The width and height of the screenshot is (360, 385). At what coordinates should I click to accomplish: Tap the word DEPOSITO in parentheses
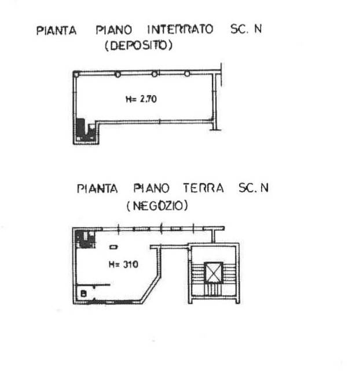tap(138, 47)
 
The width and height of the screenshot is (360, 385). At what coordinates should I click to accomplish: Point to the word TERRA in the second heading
tap(204, 188)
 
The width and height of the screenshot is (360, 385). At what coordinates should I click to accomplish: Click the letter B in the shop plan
tap(85, 294)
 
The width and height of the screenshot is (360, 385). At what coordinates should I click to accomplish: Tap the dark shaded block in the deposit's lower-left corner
tap(82, 130)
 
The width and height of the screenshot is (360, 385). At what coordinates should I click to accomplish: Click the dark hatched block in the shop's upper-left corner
tap(85, 239)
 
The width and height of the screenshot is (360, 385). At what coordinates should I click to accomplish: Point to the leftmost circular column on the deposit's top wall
tap(118, 74)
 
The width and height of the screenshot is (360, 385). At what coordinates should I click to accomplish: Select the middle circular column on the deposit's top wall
tap(155, 74)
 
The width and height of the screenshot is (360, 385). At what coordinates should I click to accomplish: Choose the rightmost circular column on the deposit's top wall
tap(187, 74)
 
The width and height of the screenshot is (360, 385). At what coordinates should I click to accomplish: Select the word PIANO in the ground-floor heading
tap(152, 188)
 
